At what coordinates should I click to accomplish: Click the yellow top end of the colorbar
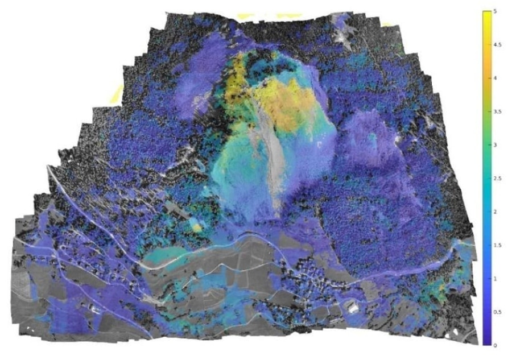487,13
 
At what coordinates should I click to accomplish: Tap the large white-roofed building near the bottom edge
353,308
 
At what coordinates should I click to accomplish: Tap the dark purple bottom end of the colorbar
487,342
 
